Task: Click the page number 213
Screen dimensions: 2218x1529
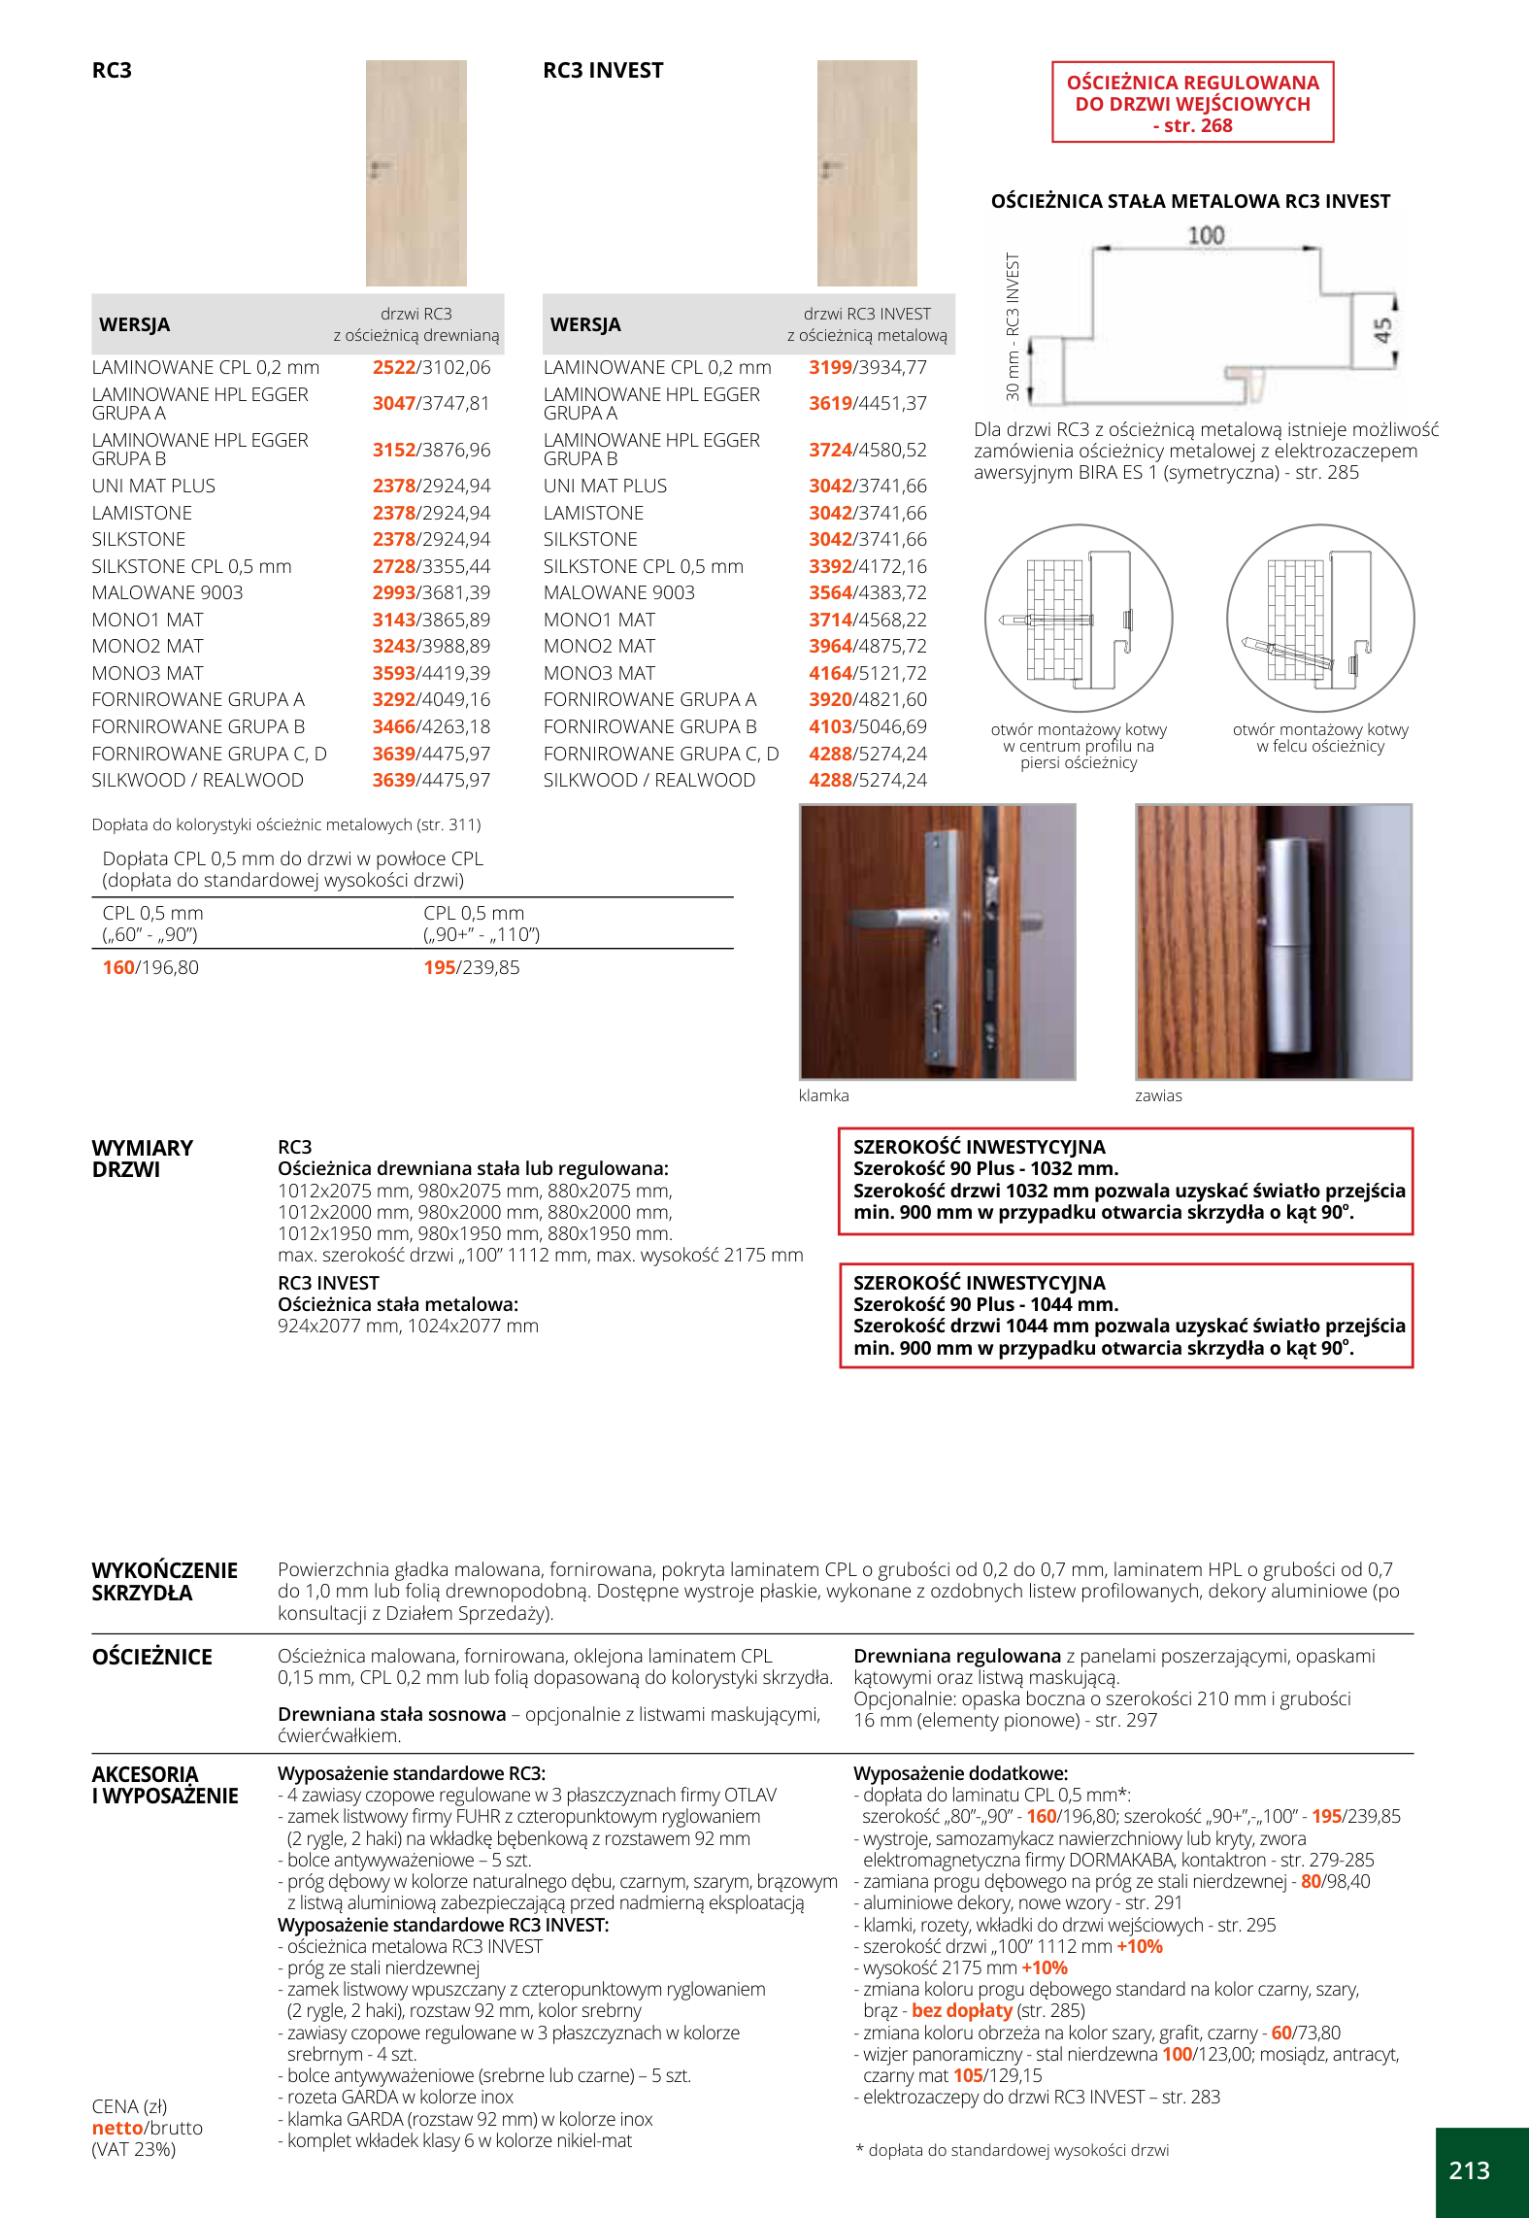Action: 1469,2170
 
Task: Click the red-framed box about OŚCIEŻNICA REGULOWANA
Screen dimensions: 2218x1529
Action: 1192,103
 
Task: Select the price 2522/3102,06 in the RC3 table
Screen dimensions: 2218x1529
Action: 431,367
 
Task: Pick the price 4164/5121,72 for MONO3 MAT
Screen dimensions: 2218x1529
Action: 867,673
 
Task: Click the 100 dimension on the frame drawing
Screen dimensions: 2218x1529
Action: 1206,236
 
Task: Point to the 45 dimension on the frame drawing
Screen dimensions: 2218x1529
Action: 1383,330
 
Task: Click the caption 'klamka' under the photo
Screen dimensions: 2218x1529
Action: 823,1095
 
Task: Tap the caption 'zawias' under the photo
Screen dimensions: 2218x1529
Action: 1158,1095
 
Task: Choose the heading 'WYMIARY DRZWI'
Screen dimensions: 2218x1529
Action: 142,1159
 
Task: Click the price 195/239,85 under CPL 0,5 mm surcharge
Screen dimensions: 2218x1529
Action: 471,967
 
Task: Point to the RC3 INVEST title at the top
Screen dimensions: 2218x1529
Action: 603,70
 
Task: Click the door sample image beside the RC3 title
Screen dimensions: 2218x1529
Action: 415,173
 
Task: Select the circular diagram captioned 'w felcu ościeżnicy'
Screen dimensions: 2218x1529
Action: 1320,619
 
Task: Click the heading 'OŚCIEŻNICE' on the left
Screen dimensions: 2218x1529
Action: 151,1657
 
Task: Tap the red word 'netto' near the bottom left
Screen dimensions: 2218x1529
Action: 116,2128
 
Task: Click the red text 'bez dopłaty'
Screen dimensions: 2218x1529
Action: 961,2010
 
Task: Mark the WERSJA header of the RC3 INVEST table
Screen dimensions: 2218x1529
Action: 584,324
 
